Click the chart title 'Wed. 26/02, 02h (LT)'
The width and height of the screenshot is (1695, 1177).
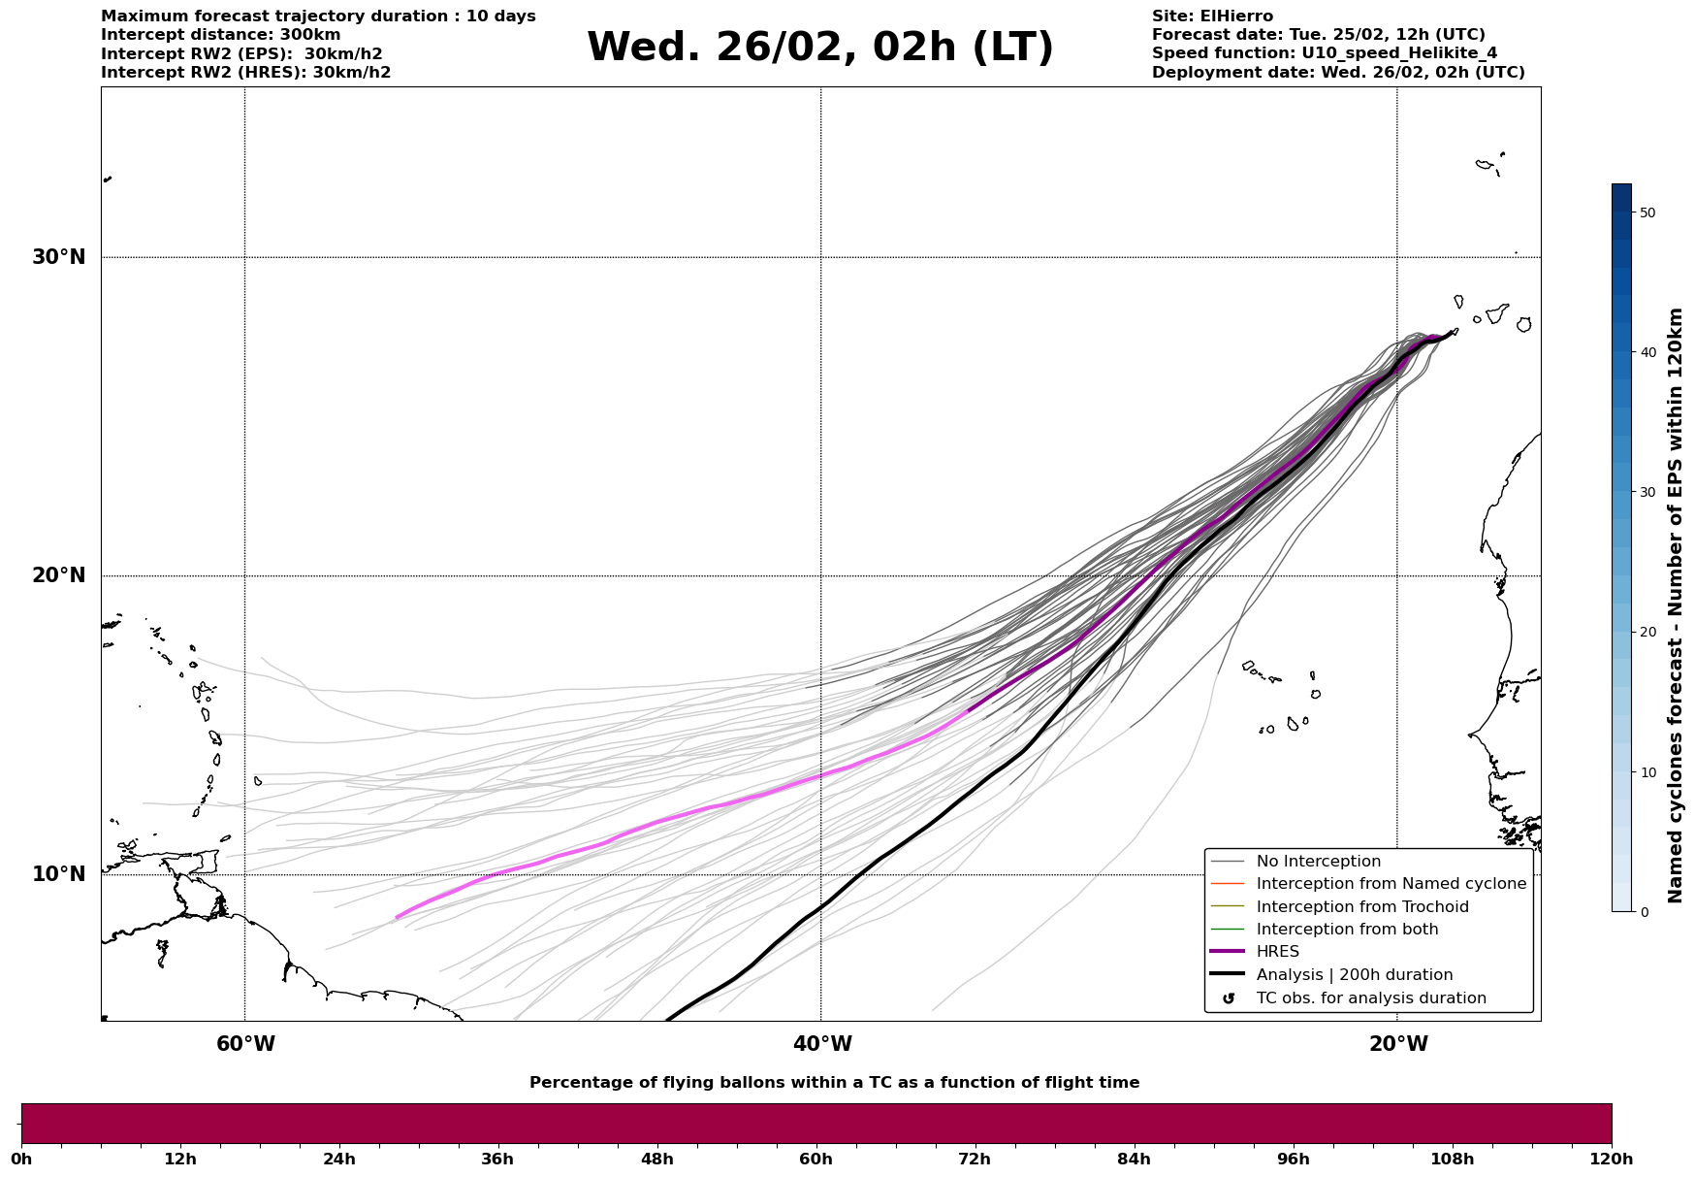pos(819,48)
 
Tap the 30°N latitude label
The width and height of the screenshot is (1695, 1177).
pos(58,257)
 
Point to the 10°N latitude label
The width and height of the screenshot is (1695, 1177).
pos(58,874)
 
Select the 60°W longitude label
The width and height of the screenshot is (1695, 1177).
pos(245,1044)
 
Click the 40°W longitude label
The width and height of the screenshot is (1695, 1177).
pos(822,1044)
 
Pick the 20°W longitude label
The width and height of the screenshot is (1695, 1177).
pos(1398,1044)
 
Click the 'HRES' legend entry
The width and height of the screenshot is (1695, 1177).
pos(1277,952)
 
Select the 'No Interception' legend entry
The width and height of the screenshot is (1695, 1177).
pos(1318,862)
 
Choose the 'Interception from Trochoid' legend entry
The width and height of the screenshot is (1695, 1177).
pos(1361,907)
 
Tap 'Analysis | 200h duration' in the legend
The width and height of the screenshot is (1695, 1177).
pos(1354,975)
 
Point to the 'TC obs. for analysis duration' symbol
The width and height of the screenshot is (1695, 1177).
pos(1229,998)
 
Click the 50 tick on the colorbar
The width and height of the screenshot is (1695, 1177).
pos(1647,213)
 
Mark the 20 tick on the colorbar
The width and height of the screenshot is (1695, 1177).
pos(1647,633)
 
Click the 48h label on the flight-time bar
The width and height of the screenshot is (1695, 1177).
pos(656,1159)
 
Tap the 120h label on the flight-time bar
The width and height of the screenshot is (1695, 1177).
pos(1612,1159)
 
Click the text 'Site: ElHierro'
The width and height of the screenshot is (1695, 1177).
pos(1212,16)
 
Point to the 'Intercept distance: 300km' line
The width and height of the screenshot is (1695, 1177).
pos(220,35)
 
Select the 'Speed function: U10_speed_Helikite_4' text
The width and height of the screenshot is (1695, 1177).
pos(1324,53)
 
